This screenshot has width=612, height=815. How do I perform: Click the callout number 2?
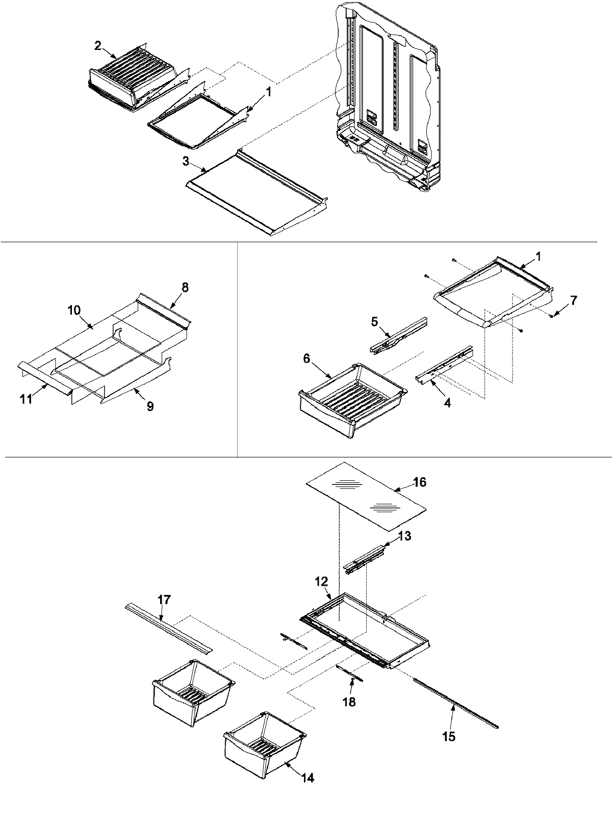click(97, 45)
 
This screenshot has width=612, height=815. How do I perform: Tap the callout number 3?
click(186, 161)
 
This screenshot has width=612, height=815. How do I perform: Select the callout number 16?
click(419, 482)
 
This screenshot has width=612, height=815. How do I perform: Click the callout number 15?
click(449, 736)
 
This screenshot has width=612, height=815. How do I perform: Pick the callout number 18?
click(349, 702)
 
